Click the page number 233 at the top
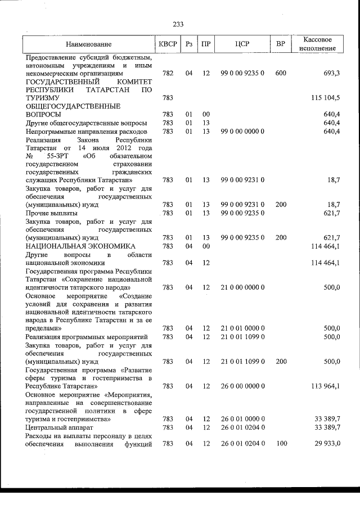[x=178, y=24]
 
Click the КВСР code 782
[x=167, y=74]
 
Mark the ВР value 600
[x=281, y=74]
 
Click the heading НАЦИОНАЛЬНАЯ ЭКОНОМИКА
[x=80, y=246]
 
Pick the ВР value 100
[x=281, y=444]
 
